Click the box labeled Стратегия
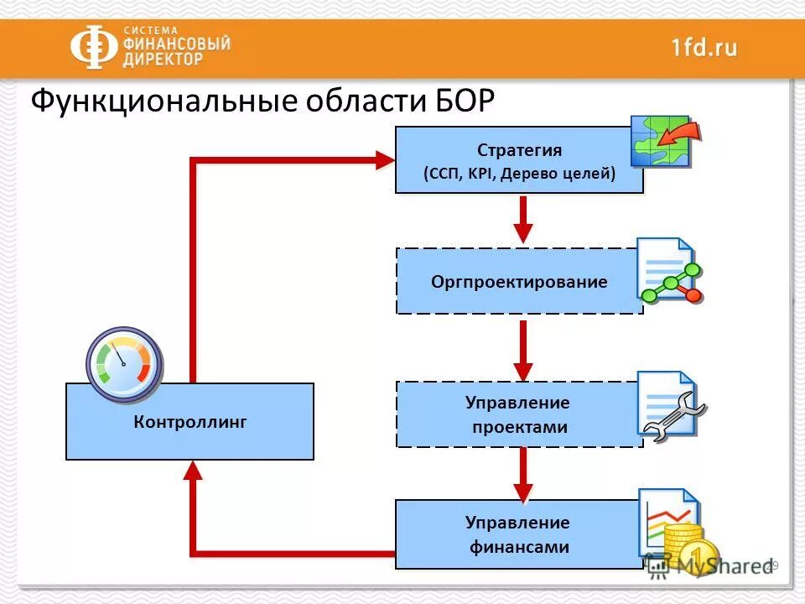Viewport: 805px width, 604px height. pyautogui.click(x=519, y=159)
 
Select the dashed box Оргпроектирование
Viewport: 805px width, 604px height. pyautogui.click(x=519, y=281)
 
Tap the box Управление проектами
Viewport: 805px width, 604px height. pyautogui.click(x=519, y=414)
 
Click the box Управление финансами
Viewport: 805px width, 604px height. pyautogui.click(x=519, y=534)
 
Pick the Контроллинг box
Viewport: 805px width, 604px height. pyautogui.click(x=190, y=421)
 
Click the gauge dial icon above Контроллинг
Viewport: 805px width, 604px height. pyautogui.click(x=123, y=362)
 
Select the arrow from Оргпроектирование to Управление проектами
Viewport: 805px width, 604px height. pyautogui.click(x=523, y=347)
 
